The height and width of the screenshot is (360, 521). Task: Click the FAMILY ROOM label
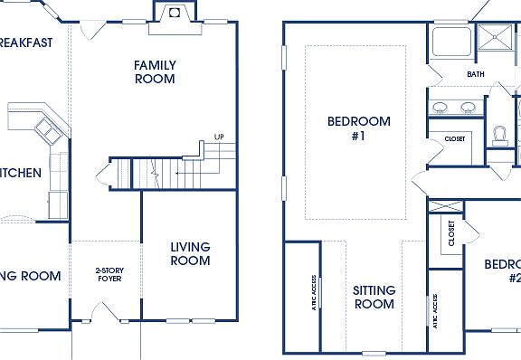155,71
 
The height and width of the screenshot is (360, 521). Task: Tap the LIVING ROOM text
190,253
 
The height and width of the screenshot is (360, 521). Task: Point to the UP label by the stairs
219,137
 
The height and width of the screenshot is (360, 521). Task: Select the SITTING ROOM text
374,297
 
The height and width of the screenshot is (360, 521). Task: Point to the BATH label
476,74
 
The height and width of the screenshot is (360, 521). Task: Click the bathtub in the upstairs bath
448,43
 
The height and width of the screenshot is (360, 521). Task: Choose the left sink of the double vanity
440,108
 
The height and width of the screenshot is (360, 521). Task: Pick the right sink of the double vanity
468,108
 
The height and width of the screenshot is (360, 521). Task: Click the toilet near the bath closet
499,135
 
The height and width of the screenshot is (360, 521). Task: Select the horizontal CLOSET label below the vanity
454,138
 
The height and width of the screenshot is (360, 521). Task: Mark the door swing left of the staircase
102,172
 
